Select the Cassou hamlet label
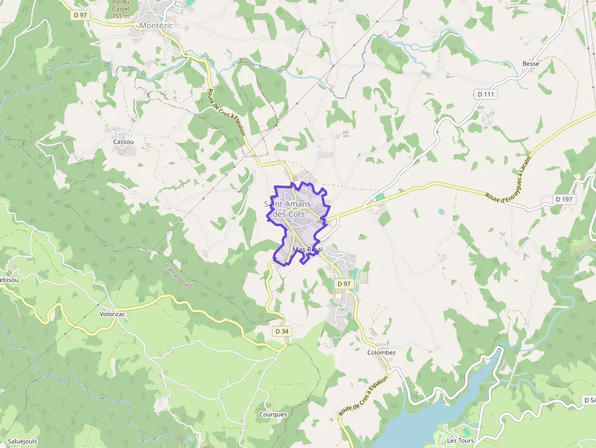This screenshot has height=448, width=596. [123, 142]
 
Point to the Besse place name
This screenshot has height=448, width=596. [531, 64]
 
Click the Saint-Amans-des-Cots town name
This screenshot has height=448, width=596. [289, 208]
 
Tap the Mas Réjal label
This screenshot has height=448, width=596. [307, 250]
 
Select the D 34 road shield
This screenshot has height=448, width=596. [281, 331]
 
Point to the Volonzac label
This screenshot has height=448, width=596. [112, 314]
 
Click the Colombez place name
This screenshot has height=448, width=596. [381, 353]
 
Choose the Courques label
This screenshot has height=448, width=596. [273, 415]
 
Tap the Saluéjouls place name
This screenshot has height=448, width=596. [22, 440]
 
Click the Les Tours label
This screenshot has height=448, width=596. [460, 440]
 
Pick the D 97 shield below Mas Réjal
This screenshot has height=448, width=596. [344, 284]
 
